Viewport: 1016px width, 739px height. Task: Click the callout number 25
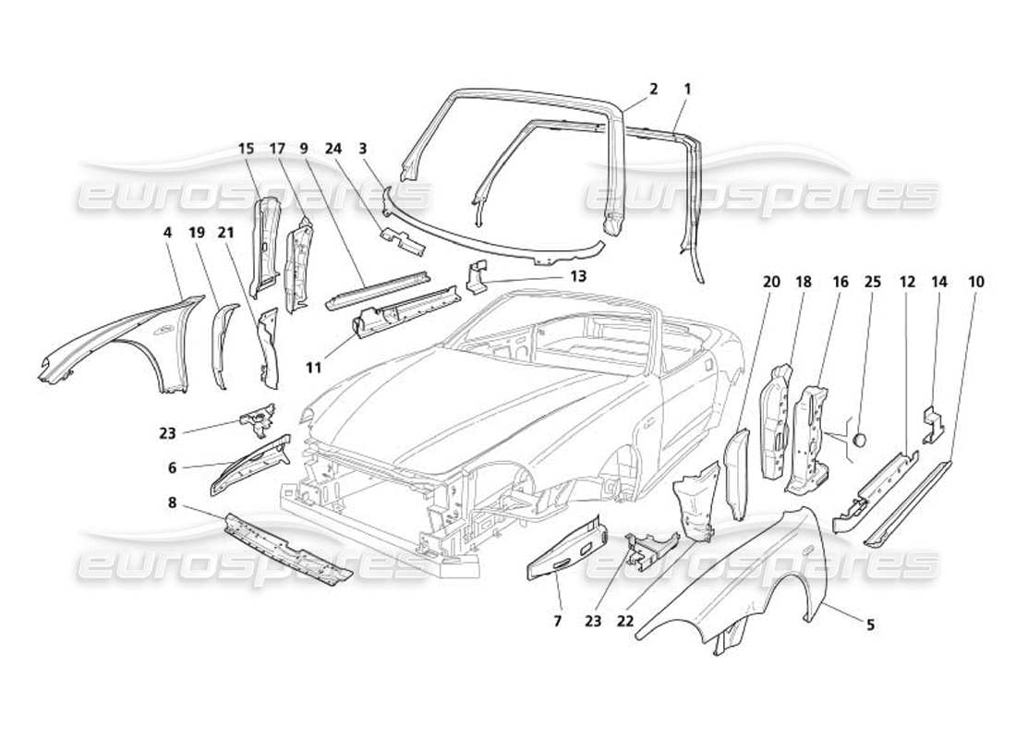pos(871,281)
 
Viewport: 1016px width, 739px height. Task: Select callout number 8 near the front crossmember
pos(173,503)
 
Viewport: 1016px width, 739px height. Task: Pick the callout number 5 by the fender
pos(870,624)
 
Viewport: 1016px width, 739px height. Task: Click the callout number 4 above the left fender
pos(167,233)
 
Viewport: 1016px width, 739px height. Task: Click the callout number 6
pos(173,468)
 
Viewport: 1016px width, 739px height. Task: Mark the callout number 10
pos(977,281)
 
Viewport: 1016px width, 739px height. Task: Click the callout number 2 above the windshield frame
pos(653,90)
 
